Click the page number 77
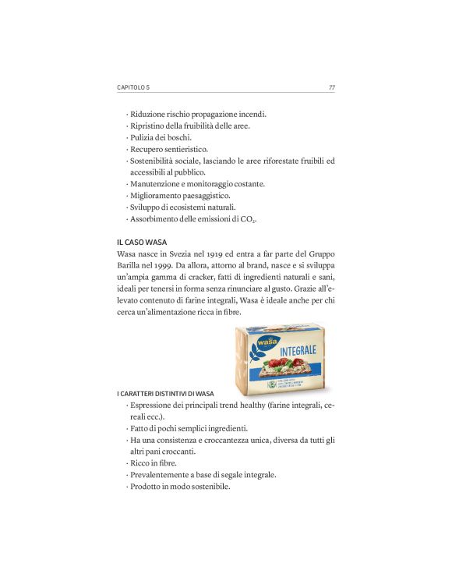[x=331, y=87]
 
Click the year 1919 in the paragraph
[x=227, y=255]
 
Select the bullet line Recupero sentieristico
[x=174, y=149]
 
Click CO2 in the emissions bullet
[x=247, y=220]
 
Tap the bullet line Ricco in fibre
[x=154, y=462]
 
